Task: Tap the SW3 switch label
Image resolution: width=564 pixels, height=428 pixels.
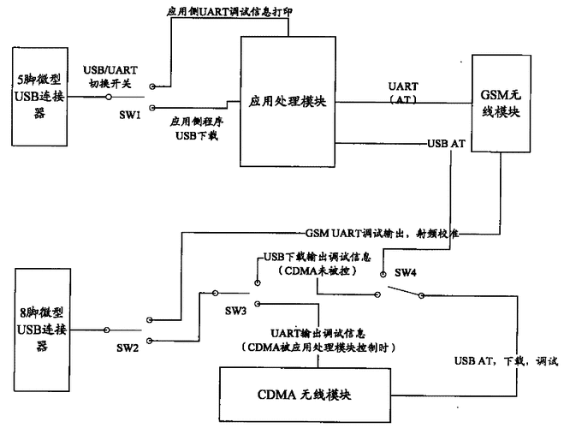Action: tap(236, 309)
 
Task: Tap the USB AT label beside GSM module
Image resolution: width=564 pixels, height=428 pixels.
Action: tap(445, 143)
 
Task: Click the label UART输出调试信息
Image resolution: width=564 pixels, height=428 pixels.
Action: tap(320, 332)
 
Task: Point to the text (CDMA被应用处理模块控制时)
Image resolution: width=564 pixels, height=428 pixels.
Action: tap(320, 347)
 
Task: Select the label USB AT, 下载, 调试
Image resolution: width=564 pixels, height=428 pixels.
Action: tap(505, 360)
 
